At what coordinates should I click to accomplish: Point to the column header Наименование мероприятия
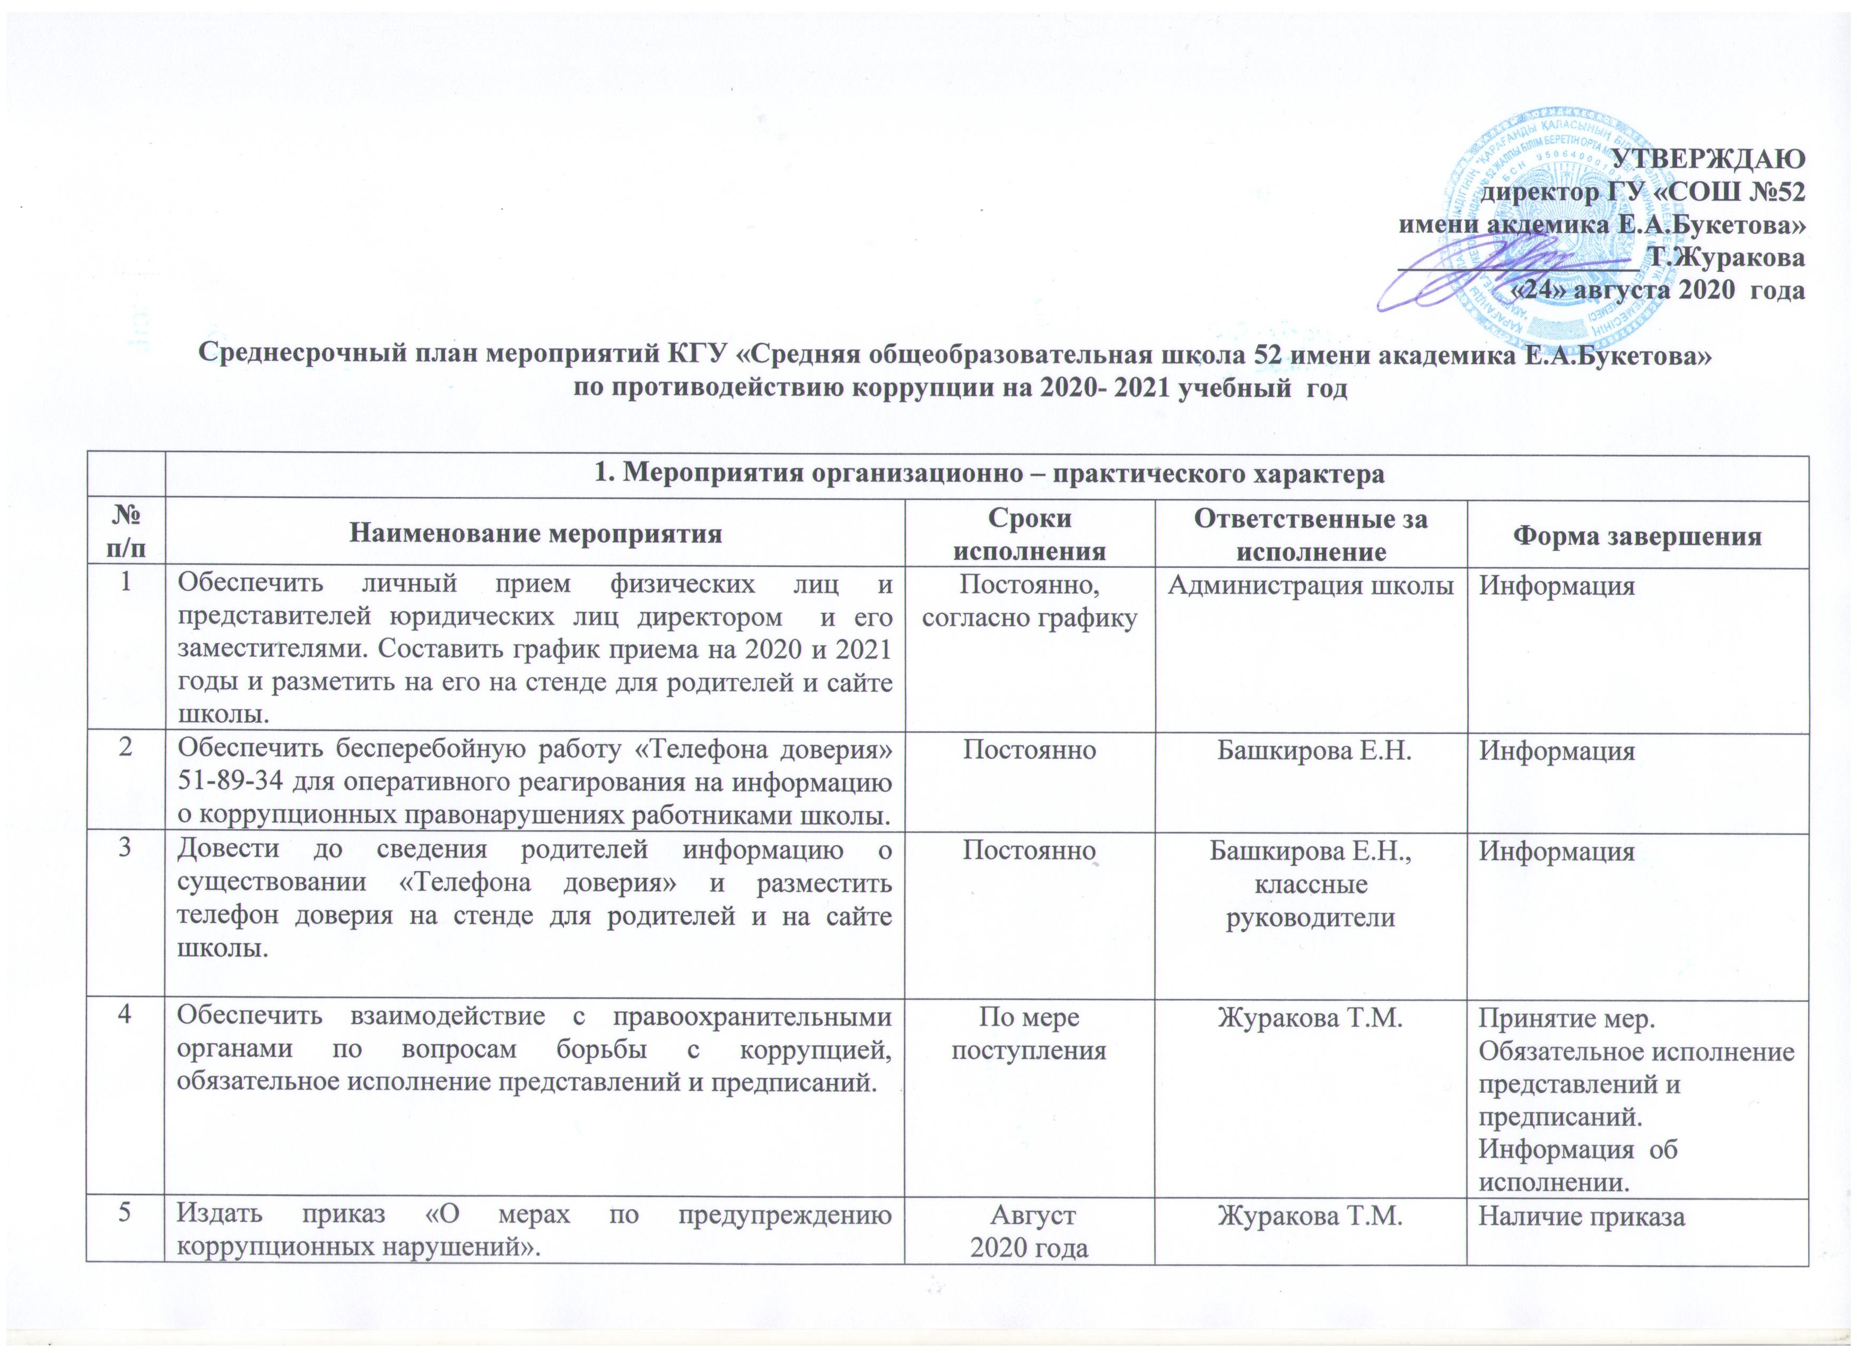tap(536, 534)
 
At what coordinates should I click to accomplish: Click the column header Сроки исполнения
tap(1030, 534)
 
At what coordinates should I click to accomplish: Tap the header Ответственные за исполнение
tap(1311, 534)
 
